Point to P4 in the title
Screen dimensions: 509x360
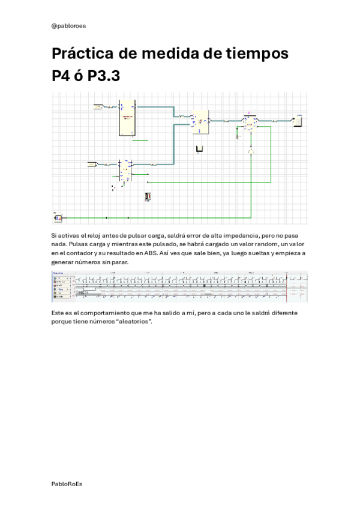pyautogui.click(x=62, y=77)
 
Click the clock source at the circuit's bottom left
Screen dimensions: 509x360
pyautogui.click(x=58, y=217)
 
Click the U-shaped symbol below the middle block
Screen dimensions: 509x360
pyautogui.click(x=200, y=149)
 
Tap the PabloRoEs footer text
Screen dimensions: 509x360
pyautogui.click(x=67, y=483)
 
